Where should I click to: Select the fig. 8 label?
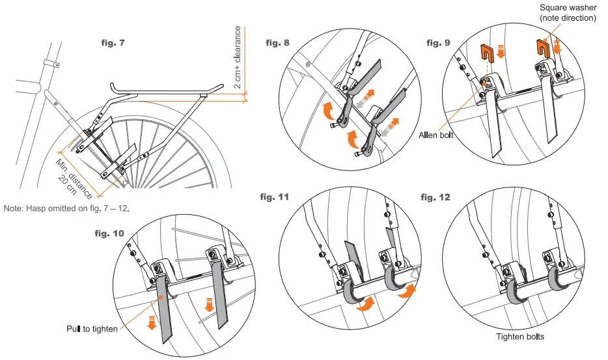coord(278,44)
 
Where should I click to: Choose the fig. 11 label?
coord(275,196)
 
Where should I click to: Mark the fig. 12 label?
coord(436,197)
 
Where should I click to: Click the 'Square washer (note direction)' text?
coord(568,13)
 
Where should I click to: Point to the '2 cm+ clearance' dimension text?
coord(238,57)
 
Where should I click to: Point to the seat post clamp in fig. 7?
coord(49,63)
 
